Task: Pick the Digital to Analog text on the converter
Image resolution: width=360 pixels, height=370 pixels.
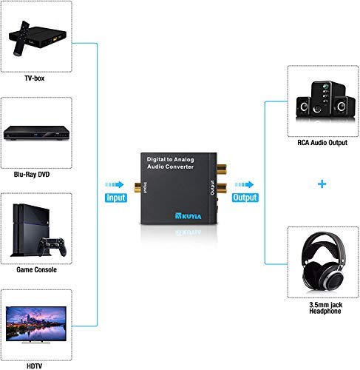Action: point(169,159)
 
